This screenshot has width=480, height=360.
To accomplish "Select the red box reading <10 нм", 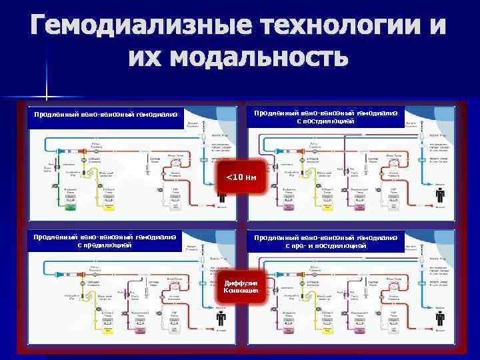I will (x=242, y=177).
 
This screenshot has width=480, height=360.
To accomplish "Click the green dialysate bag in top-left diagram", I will (x=69, y=203).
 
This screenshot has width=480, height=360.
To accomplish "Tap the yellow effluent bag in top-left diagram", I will (x=109, y=203).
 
